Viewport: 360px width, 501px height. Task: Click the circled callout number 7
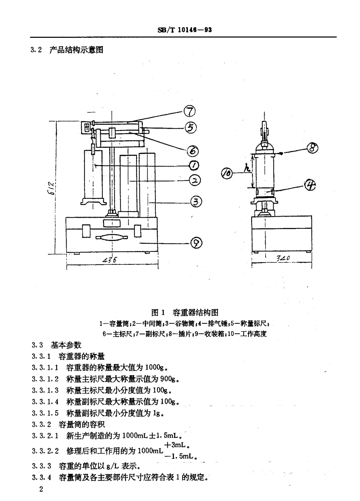pos(189,111)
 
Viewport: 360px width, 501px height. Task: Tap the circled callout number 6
pos(193,151)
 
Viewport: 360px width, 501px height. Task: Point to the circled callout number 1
pos(194,165)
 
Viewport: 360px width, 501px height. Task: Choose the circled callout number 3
pos(196,202)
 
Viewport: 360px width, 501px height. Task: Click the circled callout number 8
pos(312,148)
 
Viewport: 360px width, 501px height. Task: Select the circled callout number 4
pos(310,185)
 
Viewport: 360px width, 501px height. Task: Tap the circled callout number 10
pos(227,173)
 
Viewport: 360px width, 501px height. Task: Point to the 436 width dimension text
pos(110,260)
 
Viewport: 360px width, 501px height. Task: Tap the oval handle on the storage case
pos(111,238)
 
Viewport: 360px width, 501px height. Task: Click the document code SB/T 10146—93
pos(185,30)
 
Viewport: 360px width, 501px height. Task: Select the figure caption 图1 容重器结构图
pos(185,312)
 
